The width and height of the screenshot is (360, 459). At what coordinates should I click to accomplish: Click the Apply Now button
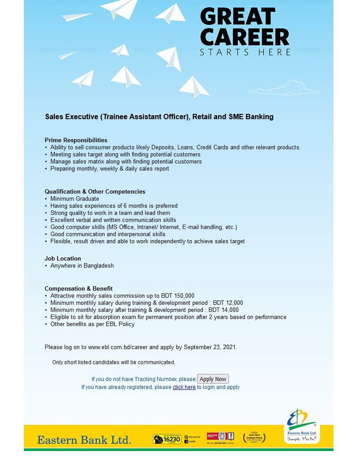(213, 379)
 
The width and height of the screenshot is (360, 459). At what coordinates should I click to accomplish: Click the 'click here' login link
(184, 387)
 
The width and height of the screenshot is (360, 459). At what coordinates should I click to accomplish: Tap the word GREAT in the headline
(238, 17)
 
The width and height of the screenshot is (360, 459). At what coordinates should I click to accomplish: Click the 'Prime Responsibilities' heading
(76, 140)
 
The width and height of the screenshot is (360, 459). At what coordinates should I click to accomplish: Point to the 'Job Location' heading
(63, 258)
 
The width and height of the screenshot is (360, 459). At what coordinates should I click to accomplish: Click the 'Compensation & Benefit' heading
(78, 288)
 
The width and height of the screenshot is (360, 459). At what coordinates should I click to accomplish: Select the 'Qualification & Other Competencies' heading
(95, 191)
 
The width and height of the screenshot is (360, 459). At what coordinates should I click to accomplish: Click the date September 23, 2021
(209, 347)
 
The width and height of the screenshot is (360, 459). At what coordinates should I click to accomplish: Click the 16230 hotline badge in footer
(167, 439)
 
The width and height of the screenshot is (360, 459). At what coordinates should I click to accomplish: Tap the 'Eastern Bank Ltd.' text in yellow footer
(84, 440)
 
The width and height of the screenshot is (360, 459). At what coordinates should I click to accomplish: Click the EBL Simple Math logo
(301, 425)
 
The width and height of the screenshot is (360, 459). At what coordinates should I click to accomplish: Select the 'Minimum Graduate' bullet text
(74, 198)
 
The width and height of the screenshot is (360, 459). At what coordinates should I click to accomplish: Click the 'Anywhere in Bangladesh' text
(82, 265)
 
